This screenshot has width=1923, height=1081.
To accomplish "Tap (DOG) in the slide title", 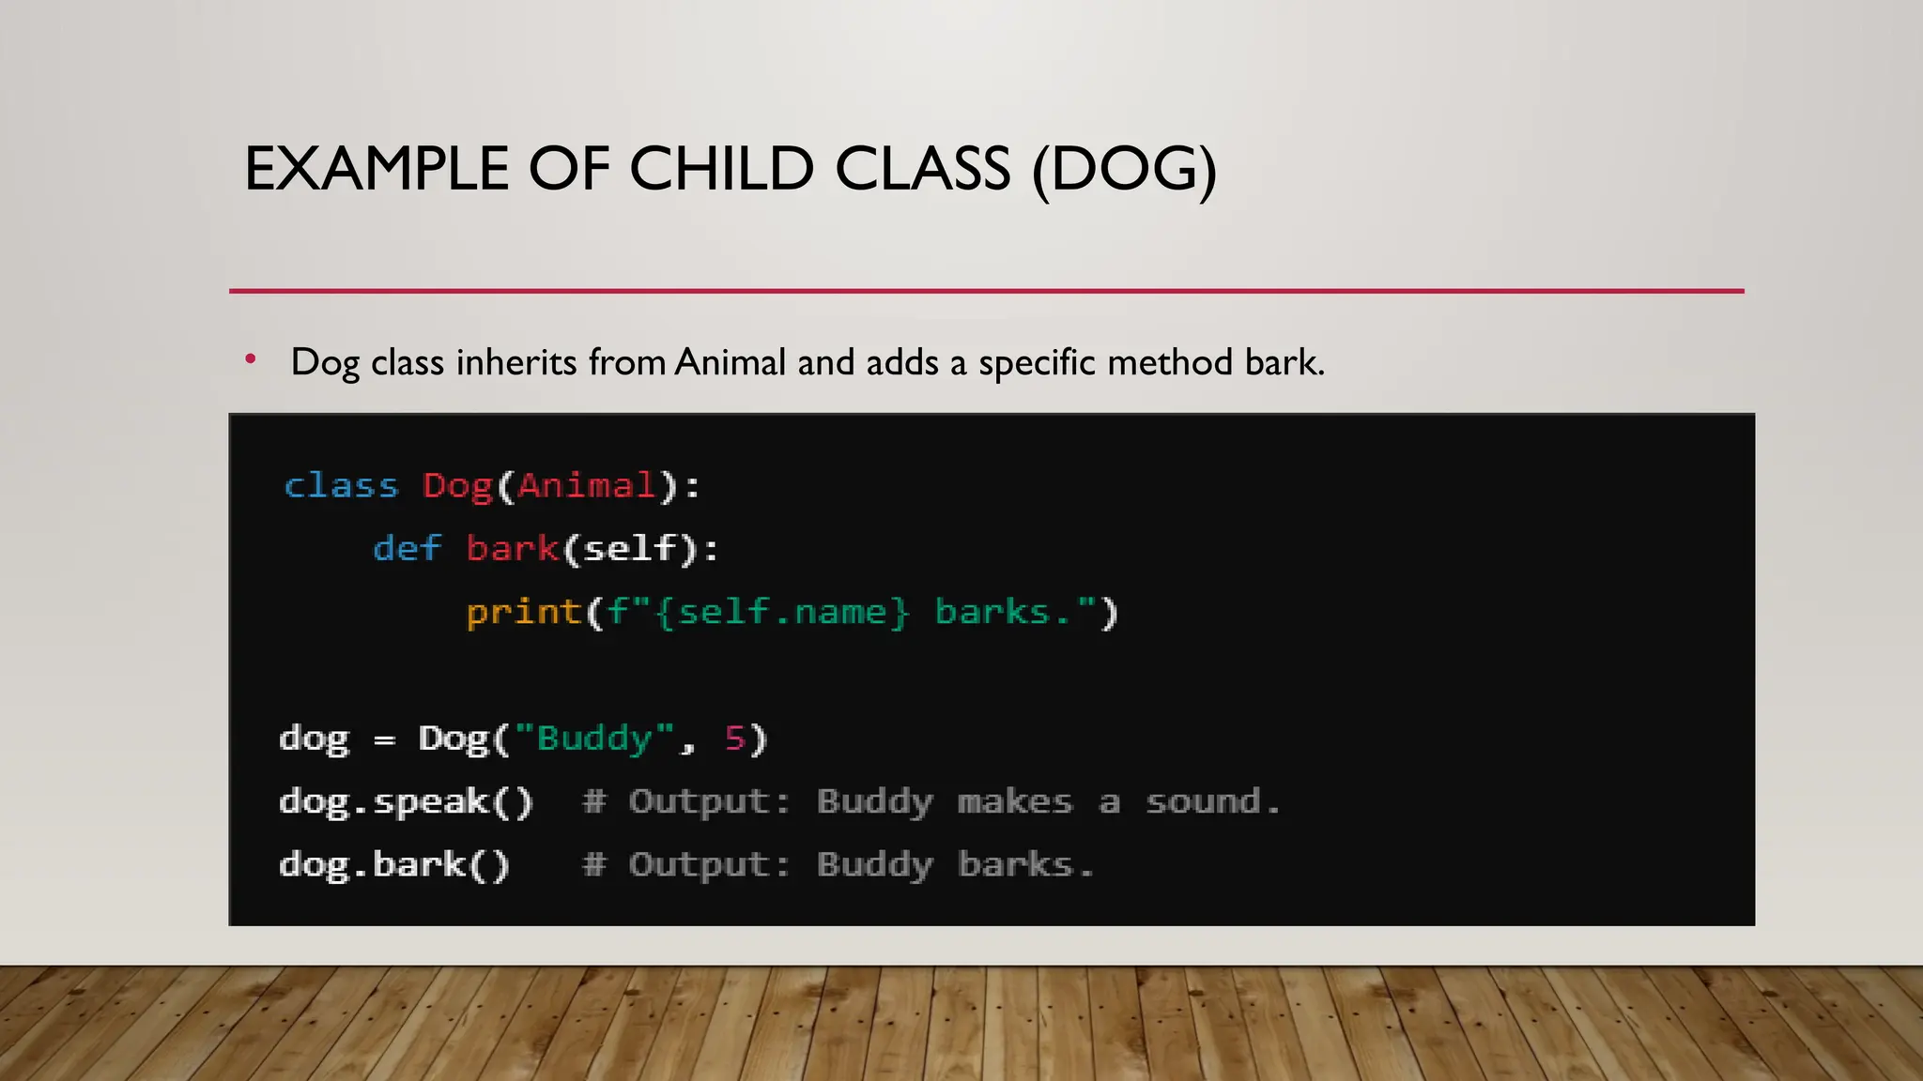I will tap(1124, 170).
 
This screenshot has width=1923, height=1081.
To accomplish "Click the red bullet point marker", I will tap(250, 358).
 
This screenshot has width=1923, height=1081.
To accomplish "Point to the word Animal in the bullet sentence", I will tap(730, 362).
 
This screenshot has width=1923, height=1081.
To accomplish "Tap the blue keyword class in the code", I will tap(341, 486).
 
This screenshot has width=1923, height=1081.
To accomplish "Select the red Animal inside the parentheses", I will tap(586, 486).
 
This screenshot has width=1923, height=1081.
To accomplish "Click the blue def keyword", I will tap(406, 549).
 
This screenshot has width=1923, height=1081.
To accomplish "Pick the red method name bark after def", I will tap(513, 549).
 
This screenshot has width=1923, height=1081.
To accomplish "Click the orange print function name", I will tap(524, 613).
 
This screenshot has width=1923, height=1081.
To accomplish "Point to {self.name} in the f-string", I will tap(783, 613).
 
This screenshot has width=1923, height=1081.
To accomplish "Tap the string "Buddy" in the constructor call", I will tap(594, 738).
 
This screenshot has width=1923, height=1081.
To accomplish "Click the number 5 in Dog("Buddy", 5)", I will tap(734, 738).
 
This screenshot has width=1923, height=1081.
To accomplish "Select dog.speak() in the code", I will tap(406, 802).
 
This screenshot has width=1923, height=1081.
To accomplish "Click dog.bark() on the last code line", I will tap(394, 864).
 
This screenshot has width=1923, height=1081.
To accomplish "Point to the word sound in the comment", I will tap(1203, 802).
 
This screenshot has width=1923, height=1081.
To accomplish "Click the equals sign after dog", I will tap(383, 741).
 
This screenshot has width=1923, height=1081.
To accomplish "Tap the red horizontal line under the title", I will tap(986, 291).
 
